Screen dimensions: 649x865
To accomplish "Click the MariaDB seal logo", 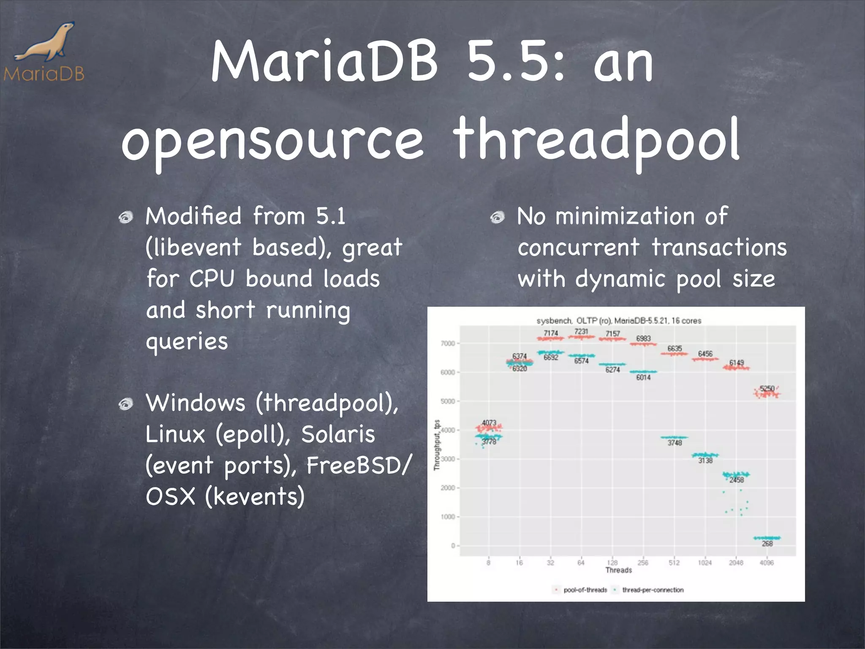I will point(46,44).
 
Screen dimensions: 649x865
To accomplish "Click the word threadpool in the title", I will point(596,140).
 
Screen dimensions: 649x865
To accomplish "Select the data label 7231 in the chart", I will point(581,332).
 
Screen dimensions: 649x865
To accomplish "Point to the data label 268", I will point(767,544).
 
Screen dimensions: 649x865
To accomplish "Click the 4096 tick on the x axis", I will point(767,562).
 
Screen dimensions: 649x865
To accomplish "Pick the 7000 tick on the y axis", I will point(448,344).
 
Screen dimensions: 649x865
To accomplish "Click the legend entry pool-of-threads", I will point(585,590).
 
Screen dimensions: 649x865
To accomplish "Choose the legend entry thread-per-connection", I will point(653,590).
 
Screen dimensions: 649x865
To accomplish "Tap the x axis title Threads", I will point(619,570).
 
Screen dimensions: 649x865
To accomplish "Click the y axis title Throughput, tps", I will point(437,445).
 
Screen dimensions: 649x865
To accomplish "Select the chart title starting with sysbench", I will point(619,321).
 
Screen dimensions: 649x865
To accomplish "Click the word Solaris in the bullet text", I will point(338,434).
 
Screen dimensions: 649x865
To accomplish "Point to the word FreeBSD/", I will point(358,466).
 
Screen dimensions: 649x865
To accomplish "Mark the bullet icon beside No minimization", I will point(498,218).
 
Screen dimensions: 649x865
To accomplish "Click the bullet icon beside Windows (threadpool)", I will point(126,404).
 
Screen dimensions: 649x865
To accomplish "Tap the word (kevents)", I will point(255,496).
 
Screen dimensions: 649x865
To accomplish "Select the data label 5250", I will point(767,388).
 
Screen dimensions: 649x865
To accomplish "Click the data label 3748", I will point(675,443).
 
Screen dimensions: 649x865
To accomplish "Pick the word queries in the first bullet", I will point(187,341).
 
